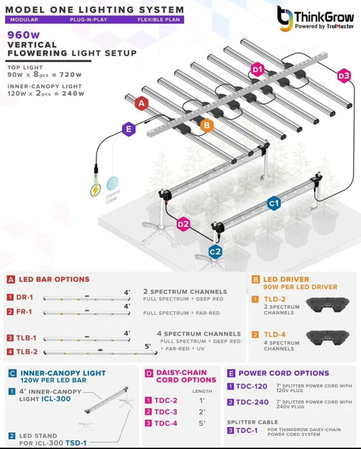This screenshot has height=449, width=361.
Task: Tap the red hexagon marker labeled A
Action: [141, 103]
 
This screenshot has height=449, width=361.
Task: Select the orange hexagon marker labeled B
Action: [207, 125]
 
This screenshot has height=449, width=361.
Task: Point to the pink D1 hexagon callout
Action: [258, 69]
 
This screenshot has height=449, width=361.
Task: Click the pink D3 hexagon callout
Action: [344, 75]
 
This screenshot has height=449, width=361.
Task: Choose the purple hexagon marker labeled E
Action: [128, 129]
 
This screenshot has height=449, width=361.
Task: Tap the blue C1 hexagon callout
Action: [273, 204]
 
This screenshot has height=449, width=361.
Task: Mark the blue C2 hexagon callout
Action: [215, 251]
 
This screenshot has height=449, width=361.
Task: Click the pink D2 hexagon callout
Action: [183, 224]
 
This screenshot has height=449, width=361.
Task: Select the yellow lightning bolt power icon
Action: [93, 191]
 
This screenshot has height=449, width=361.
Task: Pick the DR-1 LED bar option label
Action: [26, 296]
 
